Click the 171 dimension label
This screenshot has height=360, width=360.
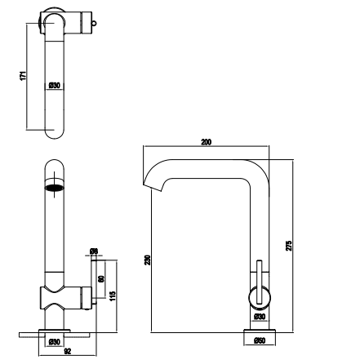(24, 75)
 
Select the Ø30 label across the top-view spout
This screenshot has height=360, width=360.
(54, 85)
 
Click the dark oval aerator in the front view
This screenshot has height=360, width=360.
(56, 189)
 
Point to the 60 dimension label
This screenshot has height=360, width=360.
(100, 278)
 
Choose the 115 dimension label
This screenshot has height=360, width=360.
(112, 291)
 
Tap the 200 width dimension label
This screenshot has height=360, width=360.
(207, 143)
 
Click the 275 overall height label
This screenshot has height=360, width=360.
(291, 244)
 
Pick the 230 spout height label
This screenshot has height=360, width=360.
(147, 260)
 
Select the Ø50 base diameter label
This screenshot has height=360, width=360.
(259, 340)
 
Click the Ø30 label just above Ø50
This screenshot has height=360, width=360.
(259, 316)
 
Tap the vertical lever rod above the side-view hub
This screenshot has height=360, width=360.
(259, 273)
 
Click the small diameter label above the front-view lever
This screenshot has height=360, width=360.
(94, 251)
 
